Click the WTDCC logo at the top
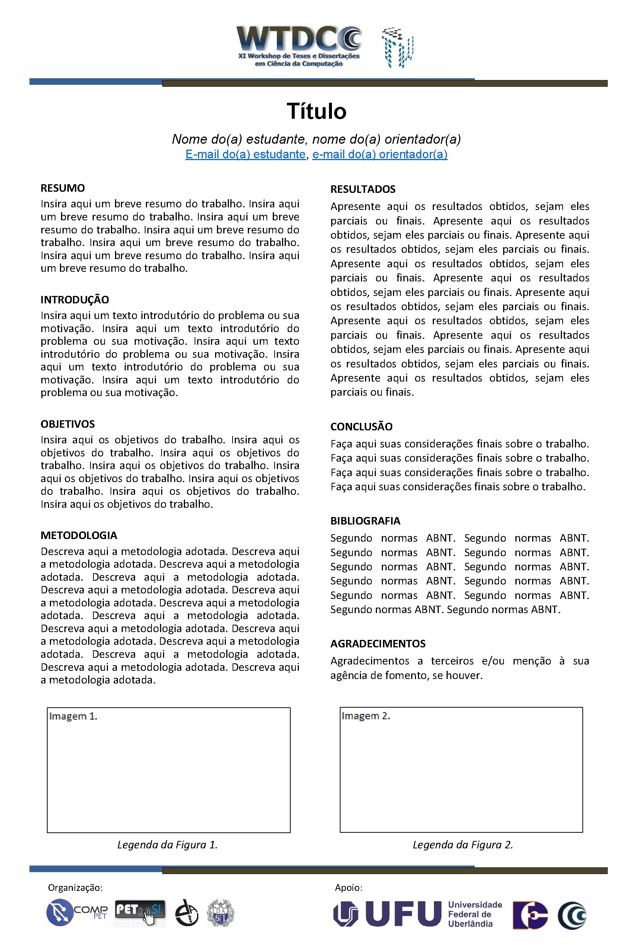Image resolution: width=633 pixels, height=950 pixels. click(299, 47)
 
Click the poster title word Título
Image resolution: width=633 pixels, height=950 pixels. click(316, 111)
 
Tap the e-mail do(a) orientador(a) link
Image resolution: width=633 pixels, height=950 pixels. click(380, 154)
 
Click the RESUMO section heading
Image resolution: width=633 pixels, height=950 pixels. click(63, 188)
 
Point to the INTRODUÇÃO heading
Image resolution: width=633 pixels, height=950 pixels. click(75, 300)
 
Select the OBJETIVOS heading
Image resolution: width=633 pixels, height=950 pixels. click(67, 424)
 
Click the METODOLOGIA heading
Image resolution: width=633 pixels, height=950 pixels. click(79, 535)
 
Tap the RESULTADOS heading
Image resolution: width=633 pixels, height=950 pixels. click(363, 189)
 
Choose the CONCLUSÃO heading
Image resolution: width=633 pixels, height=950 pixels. click(361, 427)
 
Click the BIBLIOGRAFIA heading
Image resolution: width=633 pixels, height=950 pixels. click(365, 521)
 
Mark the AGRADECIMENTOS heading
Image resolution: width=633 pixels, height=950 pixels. click(378, 644)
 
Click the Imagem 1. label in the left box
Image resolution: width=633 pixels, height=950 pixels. click(73, 716)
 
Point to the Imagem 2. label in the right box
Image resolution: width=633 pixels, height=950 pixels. click(366, 716)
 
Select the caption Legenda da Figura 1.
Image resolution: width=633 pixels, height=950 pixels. click(167, 845)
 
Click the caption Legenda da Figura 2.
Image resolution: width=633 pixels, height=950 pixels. click(463, 845)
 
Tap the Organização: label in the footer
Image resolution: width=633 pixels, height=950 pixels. click(75, 887)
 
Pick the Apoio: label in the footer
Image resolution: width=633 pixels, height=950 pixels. click(348, 887)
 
